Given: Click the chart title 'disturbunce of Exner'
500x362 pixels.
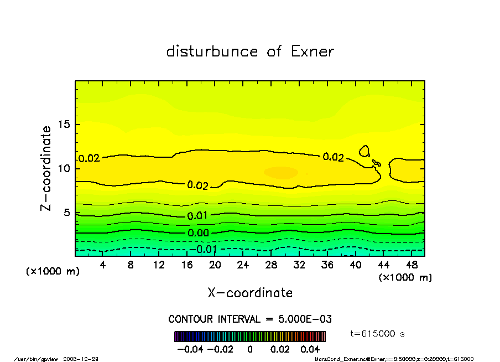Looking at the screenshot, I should [250, 51].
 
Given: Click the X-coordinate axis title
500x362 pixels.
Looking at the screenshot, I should [250, 293].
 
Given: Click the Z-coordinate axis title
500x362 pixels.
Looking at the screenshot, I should [46, 168].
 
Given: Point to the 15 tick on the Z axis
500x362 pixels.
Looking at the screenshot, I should [65, 124].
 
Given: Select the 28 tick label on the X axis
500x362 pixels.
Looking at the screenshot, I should [272, 265].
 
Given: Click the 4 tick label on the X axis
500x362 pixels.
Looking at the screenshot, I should [103, 265].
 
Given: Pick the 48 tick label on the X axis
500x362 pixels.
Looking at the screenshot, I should [412, 265].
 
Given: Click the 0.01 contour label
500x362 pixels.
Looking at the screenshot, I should [197, 215].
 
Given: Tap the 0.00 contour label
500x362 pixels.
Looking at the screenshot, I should [197, 233].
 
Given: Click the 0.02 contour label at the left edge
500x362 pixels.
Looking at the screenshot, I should [88, 158].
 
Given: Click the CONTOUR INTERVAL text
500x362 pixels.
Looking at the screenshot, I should [249, 319].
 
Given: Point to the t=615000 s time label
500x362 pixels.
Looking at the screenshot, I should [378, 334].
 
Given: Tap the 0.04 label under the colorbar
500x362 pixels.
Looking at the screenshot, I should [310, 349].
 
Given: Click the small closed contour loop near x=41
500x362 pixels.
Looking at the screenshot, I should [364, 150].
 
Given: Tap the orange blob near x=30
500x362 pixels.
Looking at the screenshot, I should [280, 172].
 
